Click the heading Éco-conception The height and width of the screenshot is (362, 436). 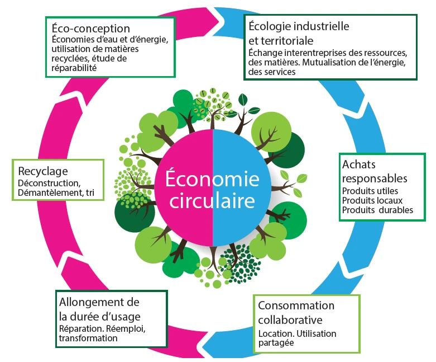[x=90, y=28]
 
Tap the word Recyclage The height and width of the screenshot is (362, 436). [x=43, y=171]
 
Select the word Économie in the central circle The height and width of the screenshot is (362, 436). [x=212, y=178]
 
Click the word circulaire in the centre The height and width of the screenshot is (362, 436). [x=212, y=200]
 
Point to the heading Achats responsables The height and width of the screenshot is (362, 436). [x=375, y=171]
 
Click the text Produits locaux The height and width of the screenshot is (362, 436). [x=372, y=200]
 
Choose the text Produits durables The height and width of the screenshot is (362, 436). [x=377, y=210]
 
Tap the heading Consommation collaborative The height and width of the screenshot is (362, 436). [x=296, y=312]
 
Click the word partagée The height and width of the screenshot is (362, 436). [x=276, y=343]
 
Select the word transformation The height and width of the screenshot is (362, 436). [x=88, y=338]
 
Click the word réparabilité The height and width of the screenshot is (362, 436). [x=74, y=68]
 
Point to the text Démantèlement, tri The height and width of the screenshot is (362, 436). [x=56, y=192]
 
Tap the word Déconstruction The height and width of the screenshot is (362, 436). [x=49, y=183]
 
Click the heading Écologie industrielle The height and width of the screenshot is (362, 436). [x=299, y=26]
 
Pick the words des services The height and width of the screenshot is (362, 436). [x=272, y=72]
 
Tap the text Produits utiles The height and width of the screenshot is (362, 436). [x=370, y=191]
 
